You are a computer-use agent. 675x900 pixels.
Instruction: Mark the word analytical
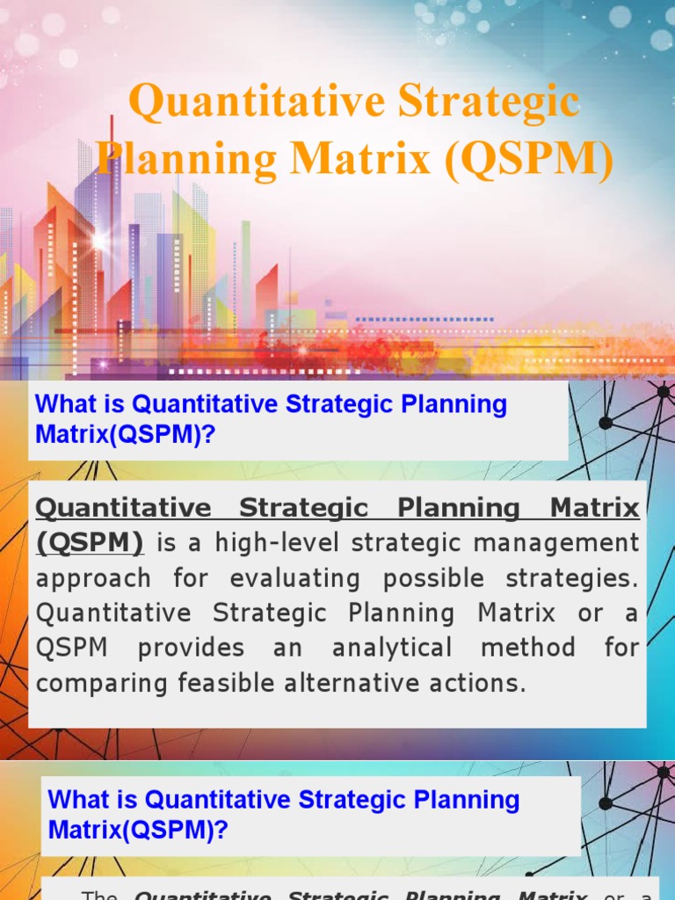pos(392,649)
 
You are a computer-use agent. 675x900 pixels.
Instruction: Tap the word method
pos(524,649)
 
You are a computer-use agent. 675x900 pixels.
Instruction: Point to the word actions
pos(481,684)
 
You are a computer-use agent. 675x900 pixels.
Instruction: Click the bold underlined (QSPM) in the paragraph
pos(90,544)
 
